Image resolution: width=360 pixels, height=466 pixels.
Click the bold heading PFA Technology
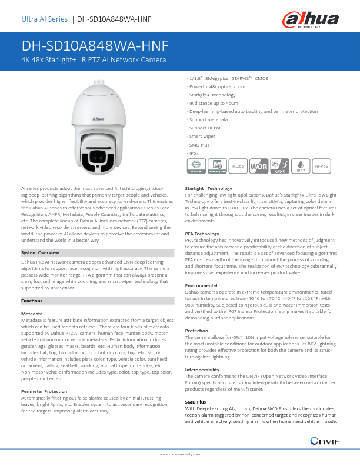202,234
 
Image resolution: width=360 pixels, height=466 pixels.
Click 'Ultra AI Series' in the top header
44,19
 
